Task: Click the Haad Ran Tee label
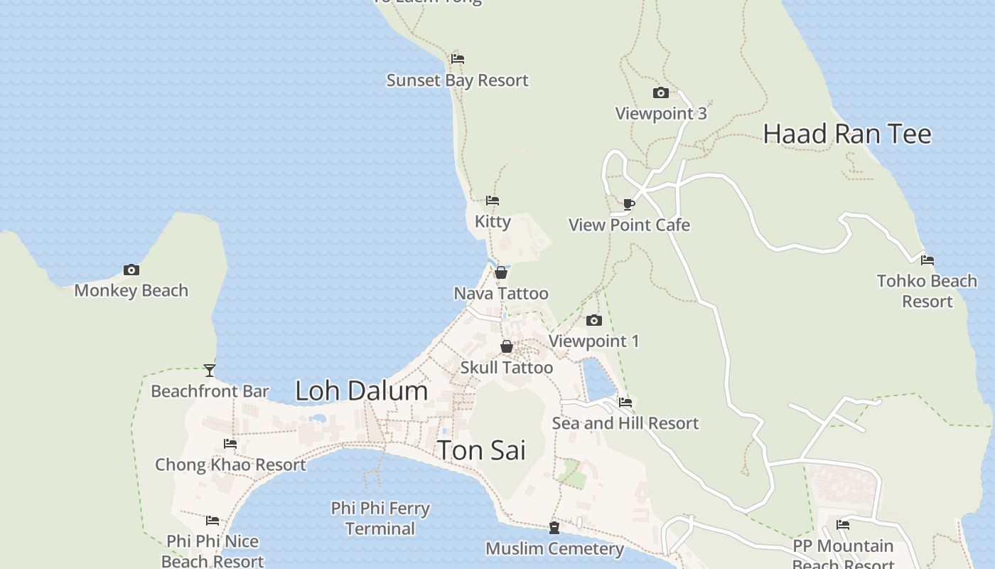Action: pos(846,134)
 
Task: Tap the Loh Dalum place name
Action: pos(361,390)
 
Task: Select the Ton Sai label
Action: pos(481,450)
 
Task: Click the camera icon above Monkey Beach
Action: pos(131,270)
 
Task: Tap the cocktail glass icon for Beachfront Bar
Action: pos(209,370)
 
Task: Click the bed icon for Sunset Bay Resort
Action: pos(458,58)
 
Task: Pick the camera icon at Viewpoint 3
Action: pos(660,92)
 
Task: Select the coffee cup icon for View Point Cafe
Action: pos(628,204)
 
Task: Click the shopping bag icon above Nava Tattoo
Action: pos(501,272)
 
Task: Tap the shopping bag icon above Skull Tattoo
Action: pos(507,346)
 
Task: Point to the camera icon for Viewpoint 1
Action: pos(594,320)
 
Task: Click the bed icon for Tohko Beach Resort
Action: pos(927,260)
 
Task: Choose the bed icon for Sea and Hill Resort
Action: pos(625,402)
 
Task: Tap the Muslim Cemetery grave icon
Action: pos(554,528)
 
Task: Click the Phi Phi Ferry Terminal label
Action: pos(380,518)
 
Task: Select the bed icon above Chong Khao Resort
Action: pos(230,443)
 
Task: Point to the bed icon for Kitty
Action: pos(493,201)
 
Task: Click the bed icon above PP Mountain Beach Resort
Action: pos(843,525)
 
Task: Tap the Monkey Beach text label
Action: pos(131,290)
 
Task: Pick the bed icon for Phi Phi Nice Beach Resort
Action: pos(213,521)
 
